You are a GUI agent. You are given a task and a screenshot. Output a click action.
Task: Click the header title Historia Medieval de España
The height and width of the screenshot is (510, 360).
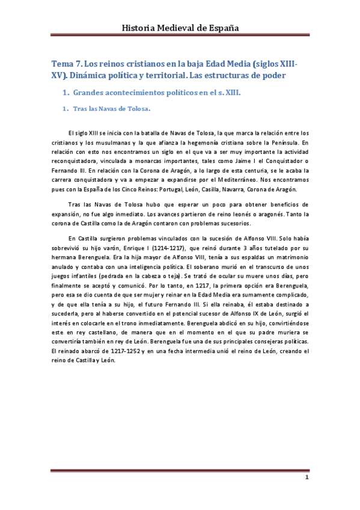coord(180,28)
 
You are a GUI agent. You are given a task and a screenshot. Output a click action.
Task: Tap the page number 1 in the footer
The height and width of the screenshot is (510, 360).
coord(307,478)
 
